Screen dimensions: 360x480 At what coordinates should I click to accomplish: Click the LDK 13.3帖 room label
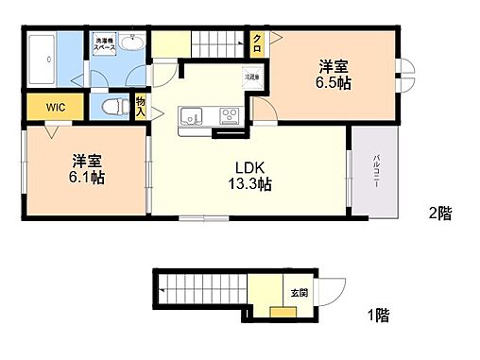(x=253, y=177)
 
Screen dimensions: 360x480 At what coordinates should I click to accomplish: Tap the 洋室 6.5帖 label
(x=333, y=74)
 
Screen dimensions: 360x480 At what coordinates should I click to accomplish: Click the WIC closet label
(x=43, y=108)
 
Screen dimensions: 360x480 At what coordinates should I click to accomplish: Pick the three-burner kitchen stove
(x=230, y=116)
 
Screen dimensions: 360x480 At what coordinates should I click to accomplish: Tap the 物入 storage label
(x=140, y=106)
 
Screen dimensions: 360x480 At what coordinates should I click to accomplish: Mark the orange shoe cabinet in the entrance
(x=282, y=313)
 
